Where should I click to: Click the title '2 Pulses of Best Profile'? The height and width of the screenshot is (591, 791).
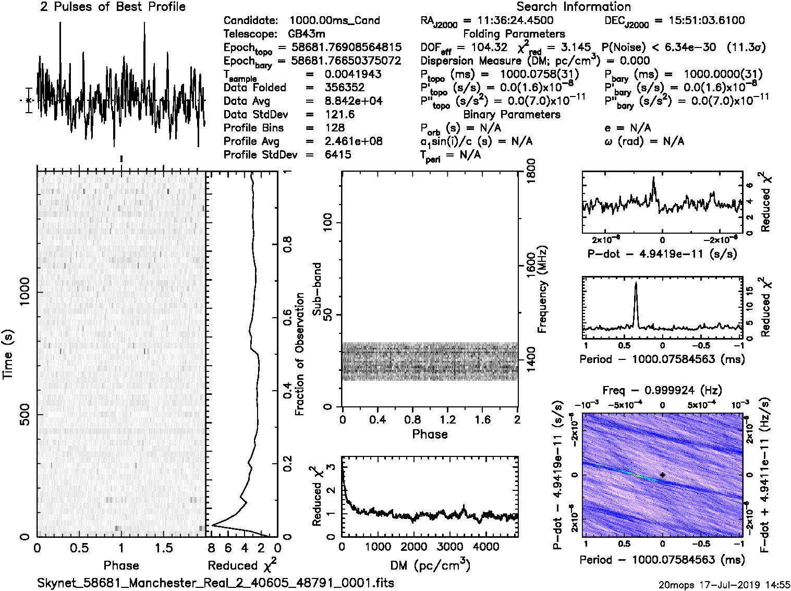(113, 7)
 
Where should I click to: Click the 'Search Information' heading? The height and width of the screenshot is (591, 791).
(574, 7)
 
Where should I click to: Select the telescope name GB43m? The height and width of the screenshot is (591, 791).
(307, 34)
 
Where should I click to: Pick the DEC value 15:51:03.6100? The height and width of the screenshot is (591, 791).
(699, 21)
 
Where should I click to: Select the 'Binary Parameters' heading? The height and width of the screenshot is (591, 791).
(512, 115)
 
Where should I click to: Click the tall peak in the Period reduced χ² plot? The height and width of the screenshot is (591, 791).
(636, 284)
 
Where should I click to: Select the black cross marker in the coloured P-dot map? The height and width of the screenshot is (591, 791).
(662, 475)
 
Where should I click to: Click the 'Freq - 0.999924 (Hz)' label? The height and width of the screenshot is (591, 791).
(662, 391)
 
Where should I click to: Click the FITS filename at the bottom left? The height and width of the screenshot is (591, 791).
(215, 582)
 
